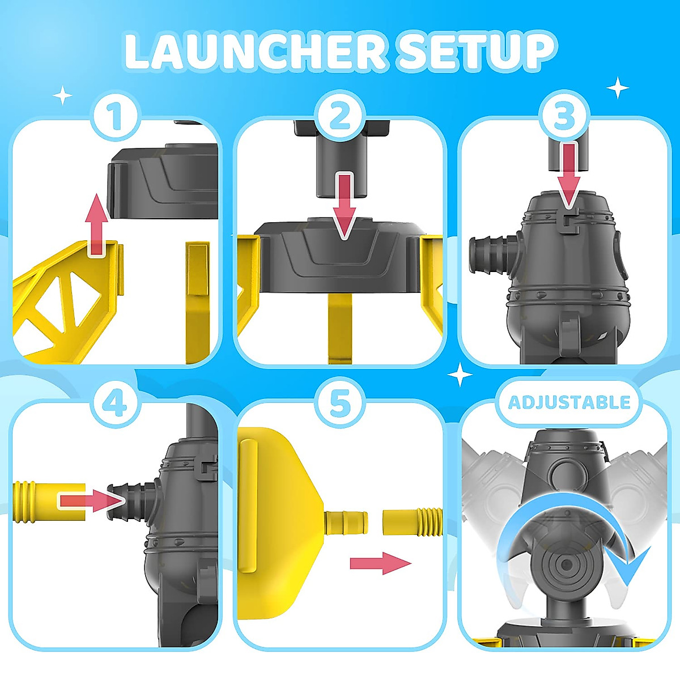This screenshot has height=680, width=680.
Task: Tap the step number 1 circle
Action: click(116, 116)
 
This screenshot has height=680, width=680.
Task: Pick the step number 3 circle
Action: click(563, 116)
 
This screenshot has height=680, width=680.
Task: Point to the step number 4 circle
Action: click(116, 403)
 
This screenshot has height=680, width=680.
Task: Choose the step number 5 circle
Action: click(339, 403)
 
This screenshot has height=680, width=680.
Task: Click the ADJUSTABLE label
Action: click(569, 402)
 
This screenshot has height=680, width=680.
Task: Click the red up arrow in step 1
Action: click(97, 224)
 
